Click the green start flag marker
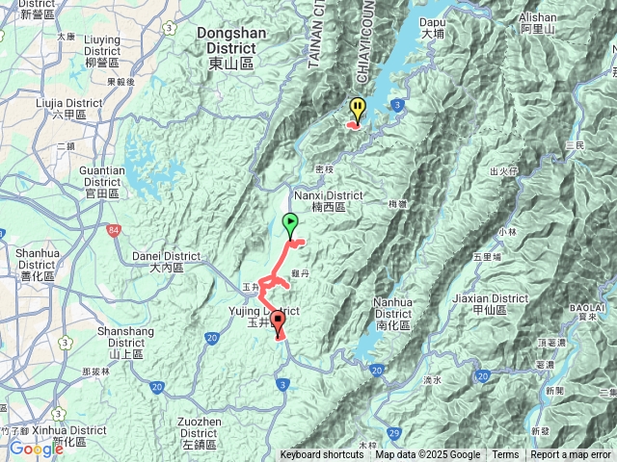coord(291,224)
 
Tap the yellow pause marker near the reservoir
coord(358,107)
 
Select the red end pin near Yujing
coord(278,321)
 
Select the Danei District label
coord(167,262)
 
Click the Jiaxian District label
coord(500,304)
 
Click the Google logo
coord(36,449)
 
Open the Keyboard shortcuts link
coord(322,455)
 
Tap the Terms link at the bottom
coord(505,455)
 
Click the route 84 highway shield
coord(115,230)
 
